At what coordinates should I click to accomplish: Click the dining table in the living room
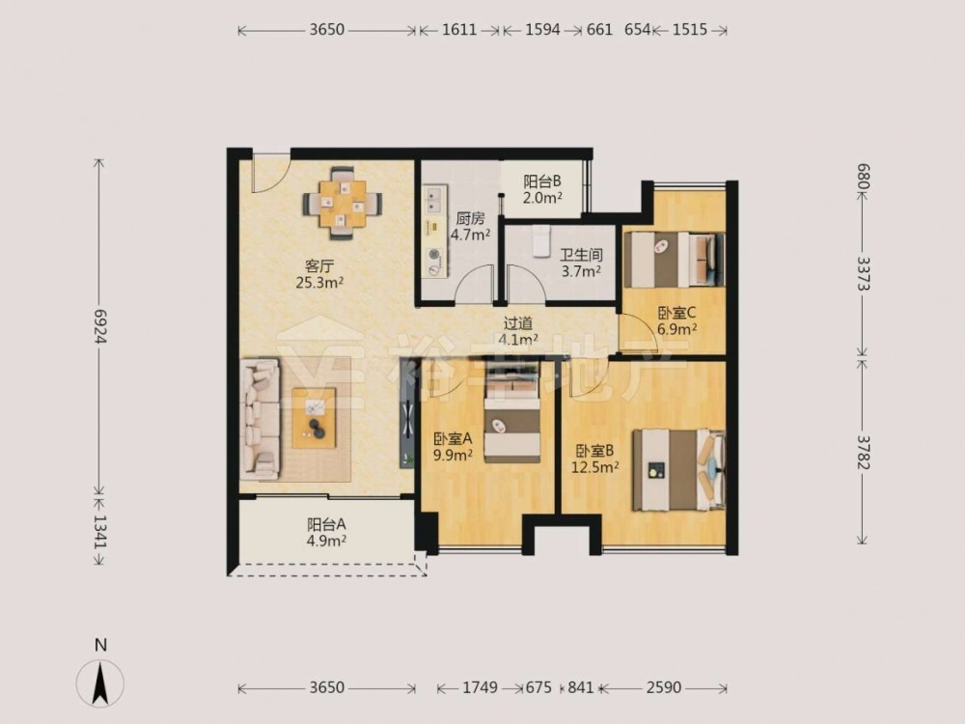tap(343, 203)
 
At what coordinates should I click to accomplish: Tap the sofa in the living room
tap(260, 419)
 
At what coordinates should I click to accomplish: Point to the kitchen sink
tap(435, 200)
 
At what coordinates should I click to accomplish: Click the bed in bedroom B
tap(678, 470)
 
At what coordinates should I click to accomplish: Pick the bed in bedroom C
tap(674, 259)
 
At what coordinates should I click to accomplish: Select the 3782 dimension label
tap(864, 452)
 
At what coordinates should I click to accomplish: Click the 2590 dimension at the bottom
tap(664, 687)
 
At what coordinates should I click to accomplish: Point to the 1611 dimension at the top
tap(459, 30)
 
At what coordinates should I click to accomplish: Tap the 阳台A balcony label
tap(326, 524)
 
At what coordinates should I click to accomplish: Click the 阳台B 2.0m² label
tap(542, 189)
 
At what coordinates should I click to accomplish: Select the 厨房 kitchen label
tap(470, 218)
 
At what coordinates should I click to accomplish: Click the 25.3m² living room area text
tap(319, 283)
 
